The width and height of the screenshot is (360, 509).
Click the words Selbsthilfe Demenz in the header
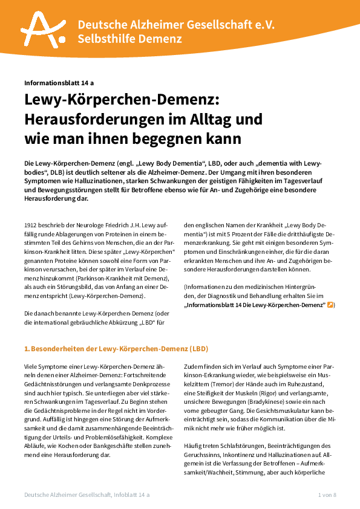[129, 39]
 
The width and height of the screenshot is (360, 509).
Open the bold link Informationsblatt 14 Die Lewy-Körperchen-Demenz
[254, 306]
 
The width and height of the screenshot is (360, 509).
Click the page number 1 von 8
[327, 495]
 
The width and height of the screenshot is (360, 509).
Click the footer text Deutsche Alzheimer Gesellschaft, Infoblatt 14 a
[87, 495]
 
